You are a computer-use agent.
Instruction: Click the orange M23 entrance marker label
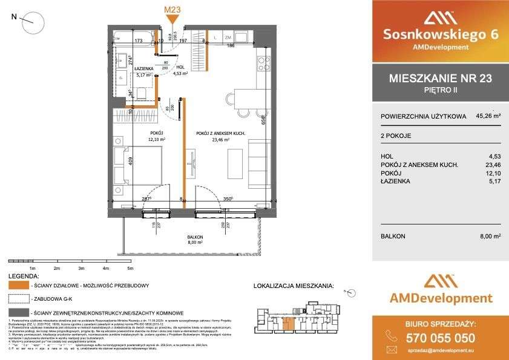click(x=172, y=10)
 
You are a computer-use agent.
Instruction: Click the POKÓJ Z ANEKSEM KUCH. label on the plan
click(x=217, y=133)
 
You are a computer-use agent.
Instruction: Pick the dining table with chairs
click(x=248, y=100)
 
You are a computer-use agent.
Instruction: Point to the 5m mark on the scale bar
click(x=130, y=268)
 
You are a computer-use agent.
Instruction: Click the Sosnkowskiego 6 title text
click(x=441, y=34)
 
